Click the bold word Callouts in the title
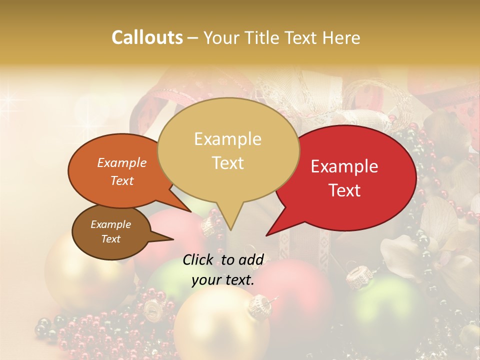coord(147,37)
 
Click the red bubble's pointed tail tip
coord(266,235)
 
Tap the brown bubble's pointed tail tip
coord(173,239)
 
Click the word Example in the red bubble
coord(344,166)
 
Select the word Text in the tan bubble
coord(227,163)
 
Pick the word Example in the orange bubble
coord(121,162)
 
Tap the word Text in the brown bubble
coord(110,239)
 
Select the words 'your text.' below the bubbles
coord(223,280)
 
